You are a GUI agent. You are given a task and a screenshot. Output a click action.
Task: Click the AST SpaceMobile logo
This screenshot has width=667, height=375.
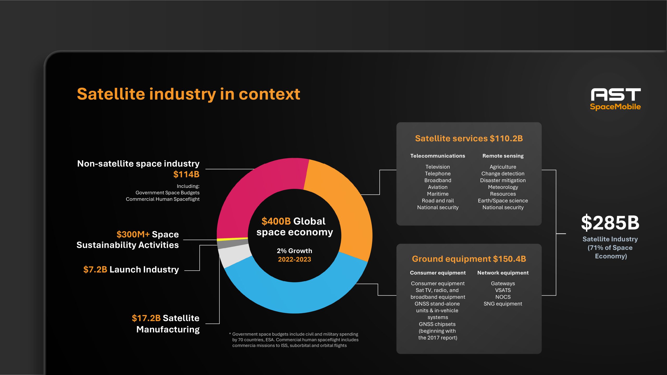pyautogui.click(x=615, y=99)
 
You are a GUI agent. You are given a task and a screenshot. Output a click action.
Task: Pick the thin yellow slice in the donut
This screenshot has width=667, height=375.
pyautogui.click(x=232, y=239)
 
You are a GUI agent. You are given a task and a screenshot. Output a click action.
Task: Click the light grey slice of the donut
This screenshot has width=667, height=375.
pyautogui.click(x=233, y=256)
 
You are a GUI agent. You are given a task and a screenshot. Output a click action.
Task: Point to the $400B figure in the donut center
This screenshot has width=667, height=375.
pyautogui.click(x=276, y=221)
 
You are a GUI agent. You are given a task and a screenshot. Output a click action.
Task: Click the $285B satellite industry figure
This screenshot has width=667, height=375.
pyautogui.click(x=610, y=223)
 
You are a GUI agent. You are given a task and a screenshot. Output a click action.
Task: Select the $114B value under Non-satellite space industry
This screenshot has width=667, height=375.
pyautogui.click(x=186, y=174)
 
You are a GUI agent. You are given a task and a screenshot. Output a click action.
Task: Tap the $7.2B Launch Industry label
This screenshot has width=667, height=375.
pyautogui.click(x=131, y=270)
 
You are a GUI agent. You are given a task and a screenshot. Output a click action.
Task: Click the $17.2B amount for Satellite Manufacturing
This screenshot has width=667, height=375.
pyautogui.click(x=146, y=318)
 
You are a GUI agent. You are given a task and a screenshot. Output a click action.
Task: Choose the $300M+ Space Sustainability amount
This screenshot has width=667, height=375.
pyautogui.click(x=133, y=234)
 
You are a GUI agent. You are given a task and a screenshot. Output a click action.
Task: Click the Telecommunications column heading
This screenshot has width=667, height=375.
pyautogui.click(x=437, y=156)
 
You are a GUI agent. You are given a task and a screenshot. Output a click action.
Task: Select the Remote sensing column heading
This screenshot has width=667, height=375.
pyautogui.click(x=503, y=156)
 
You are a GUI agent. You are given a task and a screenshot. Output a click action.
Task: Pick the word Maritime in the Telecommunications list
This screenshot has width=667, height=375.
pyautogui.click(x=437, y=194)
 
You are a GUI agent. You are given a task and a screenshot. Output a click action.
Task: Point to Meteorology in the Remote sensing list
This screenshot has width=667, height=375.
pyautogui.click(x=503, y=187)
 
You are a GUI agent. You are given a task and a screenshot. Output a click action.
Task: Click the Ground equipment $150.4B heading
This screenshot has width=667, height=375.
pyautogui.click(x=469, y=259)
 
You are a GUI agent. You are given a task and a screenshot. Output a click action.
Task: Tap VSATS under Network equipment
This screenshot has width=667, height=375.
pyautogui.click(x=503, y=290)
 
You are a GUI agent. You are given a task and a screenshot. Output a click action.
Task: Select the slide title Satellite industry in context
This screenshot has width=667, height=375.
pyautogui.click(x=188, y=94)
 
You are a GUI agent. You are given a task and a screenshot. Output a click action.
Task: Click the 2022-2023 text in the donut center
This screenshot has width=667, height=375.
pyautogui.click(x=294, y=259)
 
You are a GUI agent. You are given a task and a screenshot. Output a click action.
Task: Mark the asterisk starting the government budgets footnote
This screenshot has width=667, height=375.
pyautogui.click(x=230, y=334)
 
